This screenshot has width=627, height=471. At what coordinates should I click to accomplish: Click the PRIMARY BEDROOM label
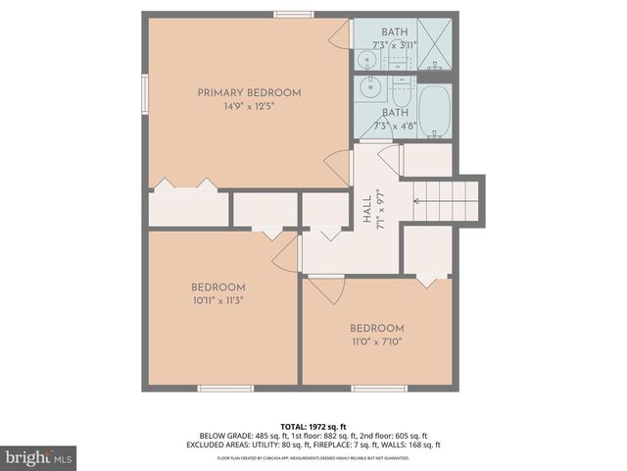[x=249, y=93]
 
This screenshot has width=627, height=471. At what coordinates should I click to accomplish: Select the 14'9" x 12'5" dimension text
[x=249, y=107]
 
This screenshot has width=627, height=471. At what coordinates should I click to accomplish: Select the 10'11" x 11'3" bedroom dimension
[x=217, y=301]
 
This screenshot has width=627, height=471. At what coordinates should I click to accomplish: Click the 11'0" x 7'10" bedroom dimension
[x=377, y=341]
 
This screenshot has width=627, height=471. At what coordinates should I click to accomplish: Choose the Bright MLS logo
[x=39, y=457]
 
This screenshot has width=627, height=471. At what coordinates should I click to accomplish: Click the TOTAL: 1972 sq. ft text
[x=313, y=428]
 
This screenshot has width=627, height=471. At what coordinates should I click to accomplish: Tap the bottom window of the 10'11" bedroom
[x=225, y=388]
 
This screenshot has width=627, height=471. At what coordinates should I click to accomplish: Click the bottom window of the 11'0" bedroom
[x=379, y=388]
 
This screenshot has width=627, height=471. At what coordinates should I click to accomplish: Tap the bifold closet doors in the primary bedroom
[x=187, y=183]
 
